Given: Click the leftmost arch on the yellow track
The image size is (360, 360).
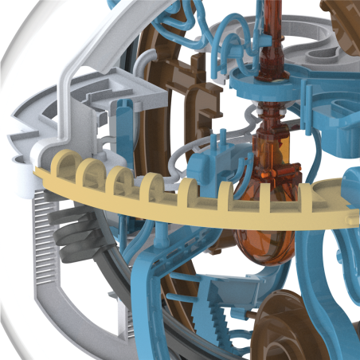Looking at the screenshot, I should tap(61, 164).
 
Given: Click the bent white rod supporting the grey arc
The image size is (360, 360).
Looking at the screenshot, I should tap(72, 80).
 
